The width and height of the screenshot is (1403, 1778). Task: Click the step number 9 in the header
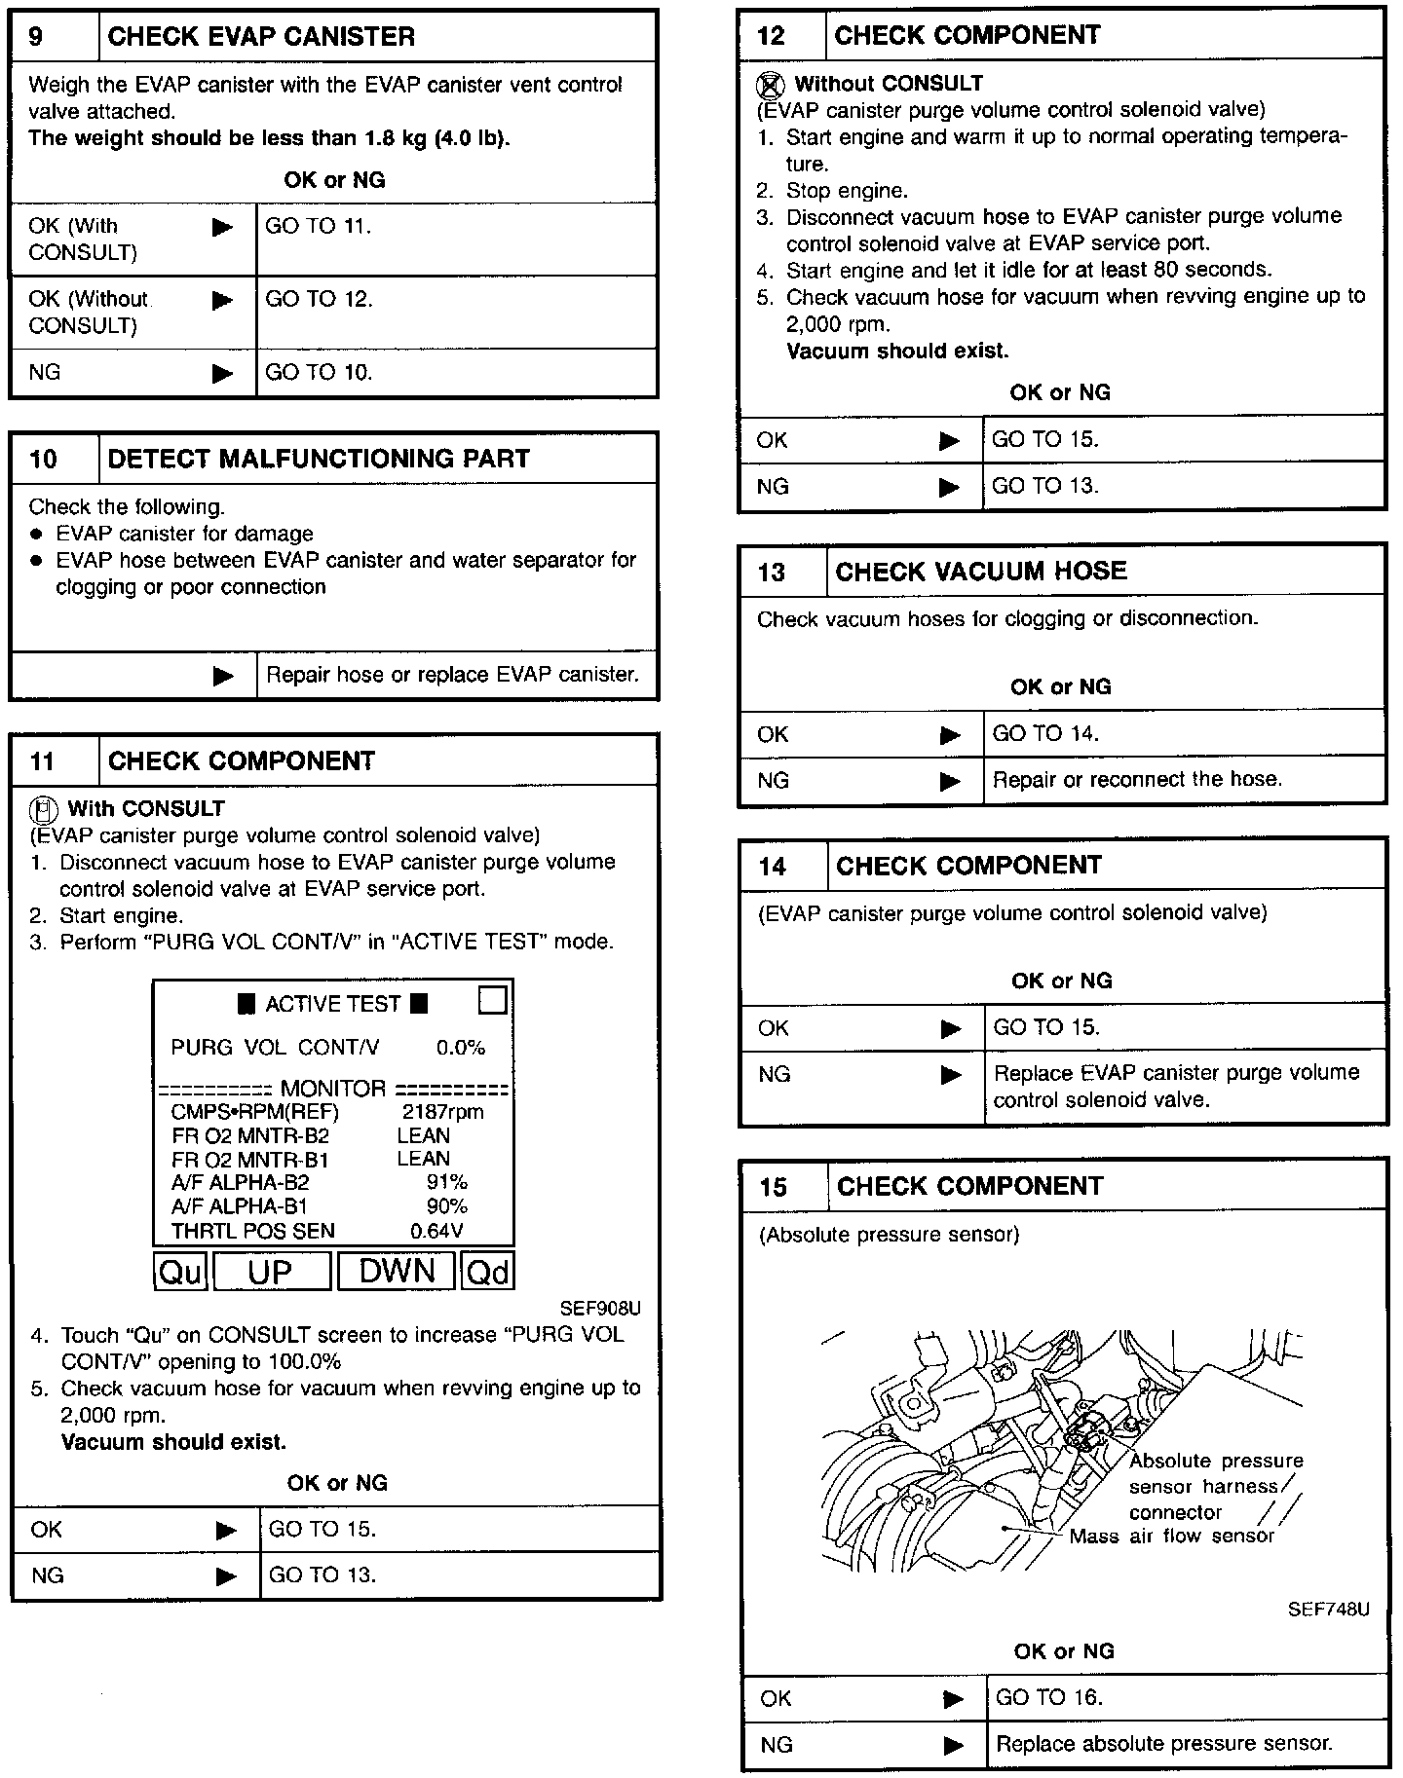[36, 37]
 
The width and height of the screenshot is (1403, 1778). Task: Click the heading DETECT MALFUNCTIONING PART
[319, 459]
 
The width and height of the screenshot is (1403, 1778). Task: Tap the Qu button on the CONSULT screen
[180, 1271]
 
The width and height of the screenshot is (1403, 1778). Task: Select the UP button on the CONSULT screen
[271, 1271]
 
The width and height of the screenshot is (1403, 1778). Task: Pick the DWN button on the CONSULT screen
[397, 1271]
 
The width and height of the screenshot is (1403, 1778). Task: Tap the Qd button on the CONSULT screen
[488, 1271]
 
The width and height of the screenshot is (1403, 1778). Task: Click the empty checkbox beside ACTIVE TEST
[493, 1001]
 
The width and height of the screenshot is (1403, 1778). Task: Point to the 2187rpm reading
[442, 1112]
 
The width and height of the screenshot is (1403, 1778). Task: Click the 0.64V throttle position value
[436, 1231]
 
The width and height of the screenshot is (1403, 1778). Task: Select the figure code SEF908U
[600, 1308]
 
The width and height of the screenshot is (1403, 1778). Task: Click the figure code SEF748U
[1328, 1610]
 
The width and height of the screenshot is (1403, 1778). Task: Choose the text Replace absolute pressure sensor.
[1163, 1743]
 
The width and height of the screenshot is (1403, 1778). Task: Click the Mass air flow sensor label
[1171, 1537]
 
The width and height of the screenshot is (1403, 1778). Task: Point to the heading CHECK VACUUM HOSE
[980, 572]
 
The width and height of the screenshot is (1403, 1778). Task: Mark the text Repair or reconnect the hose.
[1137, 779]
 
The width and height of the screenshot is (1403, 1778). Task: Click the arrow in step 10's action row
[223, 675]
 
